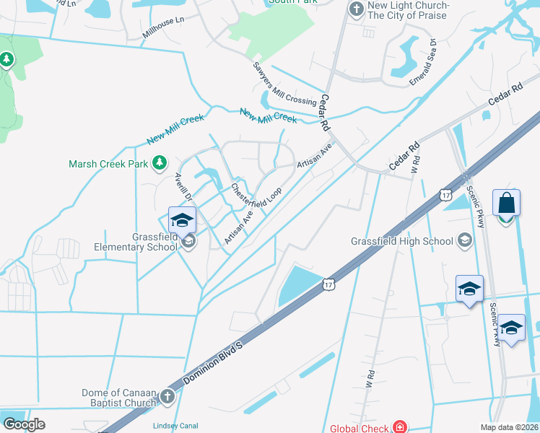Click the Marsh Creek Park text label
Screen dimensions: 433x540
tap(108, 164)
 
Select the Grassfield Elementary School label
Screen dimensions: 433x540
tap(154, 242)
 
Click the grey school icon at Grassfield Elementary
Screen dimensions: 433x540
tap(188, 242)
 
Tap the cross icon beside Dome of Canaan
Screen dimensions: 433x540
tap(167, 395)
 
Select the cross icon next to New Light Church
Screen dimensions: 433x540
tap(355, 9)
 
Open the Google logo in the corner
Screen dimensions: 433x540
tap(24, 424)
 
